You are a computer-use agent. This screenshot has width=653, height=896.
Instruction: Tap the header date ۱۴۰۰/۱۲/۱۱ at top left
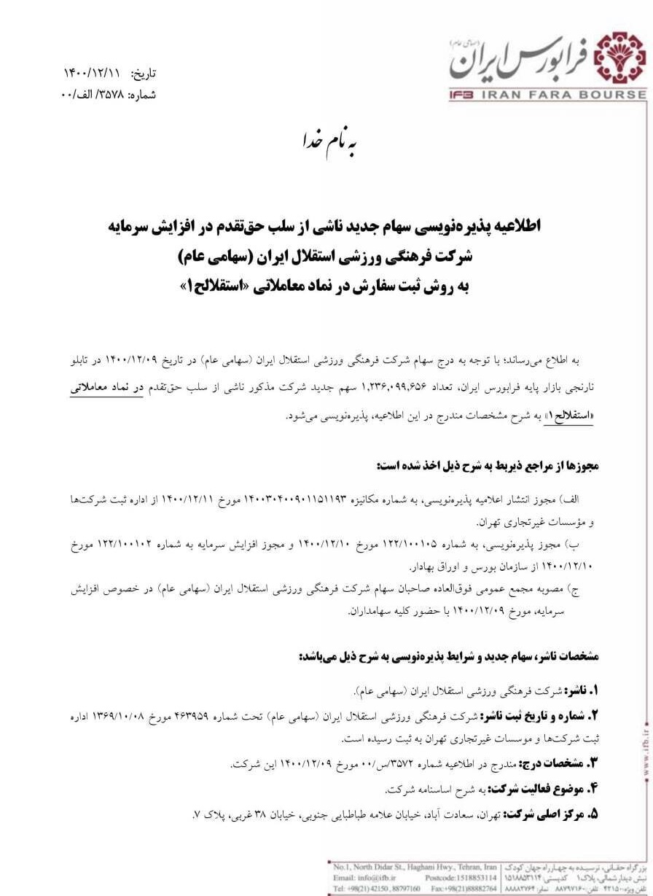click(x=91, y=73)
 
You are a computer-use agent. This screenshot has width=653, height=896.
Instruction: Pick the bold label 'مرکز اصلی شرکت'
click(x=544, y=814)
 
